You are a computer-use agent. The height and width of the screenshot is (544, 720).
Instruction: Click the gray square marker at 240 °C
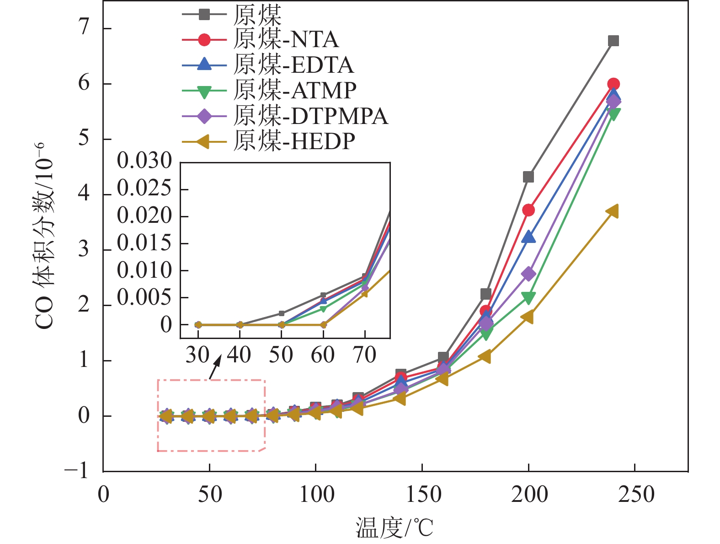coord(613,41)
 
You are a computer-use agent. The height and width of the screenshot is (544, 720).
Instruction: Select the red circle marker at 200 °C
coord(528,210)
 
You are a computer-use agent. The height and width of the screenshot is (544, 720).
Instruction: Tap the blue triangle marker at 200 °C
coord(528,237)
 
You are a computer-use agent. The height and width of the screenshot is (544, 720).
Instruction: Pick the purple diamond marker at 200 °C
coord(528,274)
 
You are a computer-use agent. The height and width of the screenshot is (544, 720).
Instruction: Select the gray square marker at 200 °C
coord(528,177)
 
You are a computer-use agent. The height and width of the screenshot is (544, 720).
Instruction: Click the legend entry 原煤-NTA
coord(286,40)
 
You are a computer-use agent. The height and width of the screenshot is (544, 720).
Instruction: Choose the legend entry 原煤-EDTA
coord(293,65)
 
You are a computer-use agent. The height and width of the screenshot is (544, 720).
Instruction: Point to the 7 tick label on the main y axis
coord(83,28)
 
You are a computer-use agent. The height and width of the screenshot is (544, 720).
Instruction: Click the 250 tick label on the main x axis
coord(635,495)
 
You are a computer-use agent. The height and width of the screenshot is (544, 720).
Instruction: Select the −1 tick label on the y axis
coord(77,470)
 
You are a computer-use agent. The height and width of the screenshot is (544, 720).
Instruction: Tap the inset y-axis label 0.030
coord(144,161)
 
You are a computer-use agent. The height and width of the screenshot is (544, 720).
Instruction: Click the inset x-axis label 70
coord(365,355)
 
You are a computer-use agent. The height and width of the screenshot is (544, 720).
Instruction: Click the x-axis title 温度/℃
coord(395,528)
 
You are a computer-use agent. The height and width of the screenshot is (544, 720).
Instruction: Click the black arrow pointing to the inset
coord(215,367)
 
